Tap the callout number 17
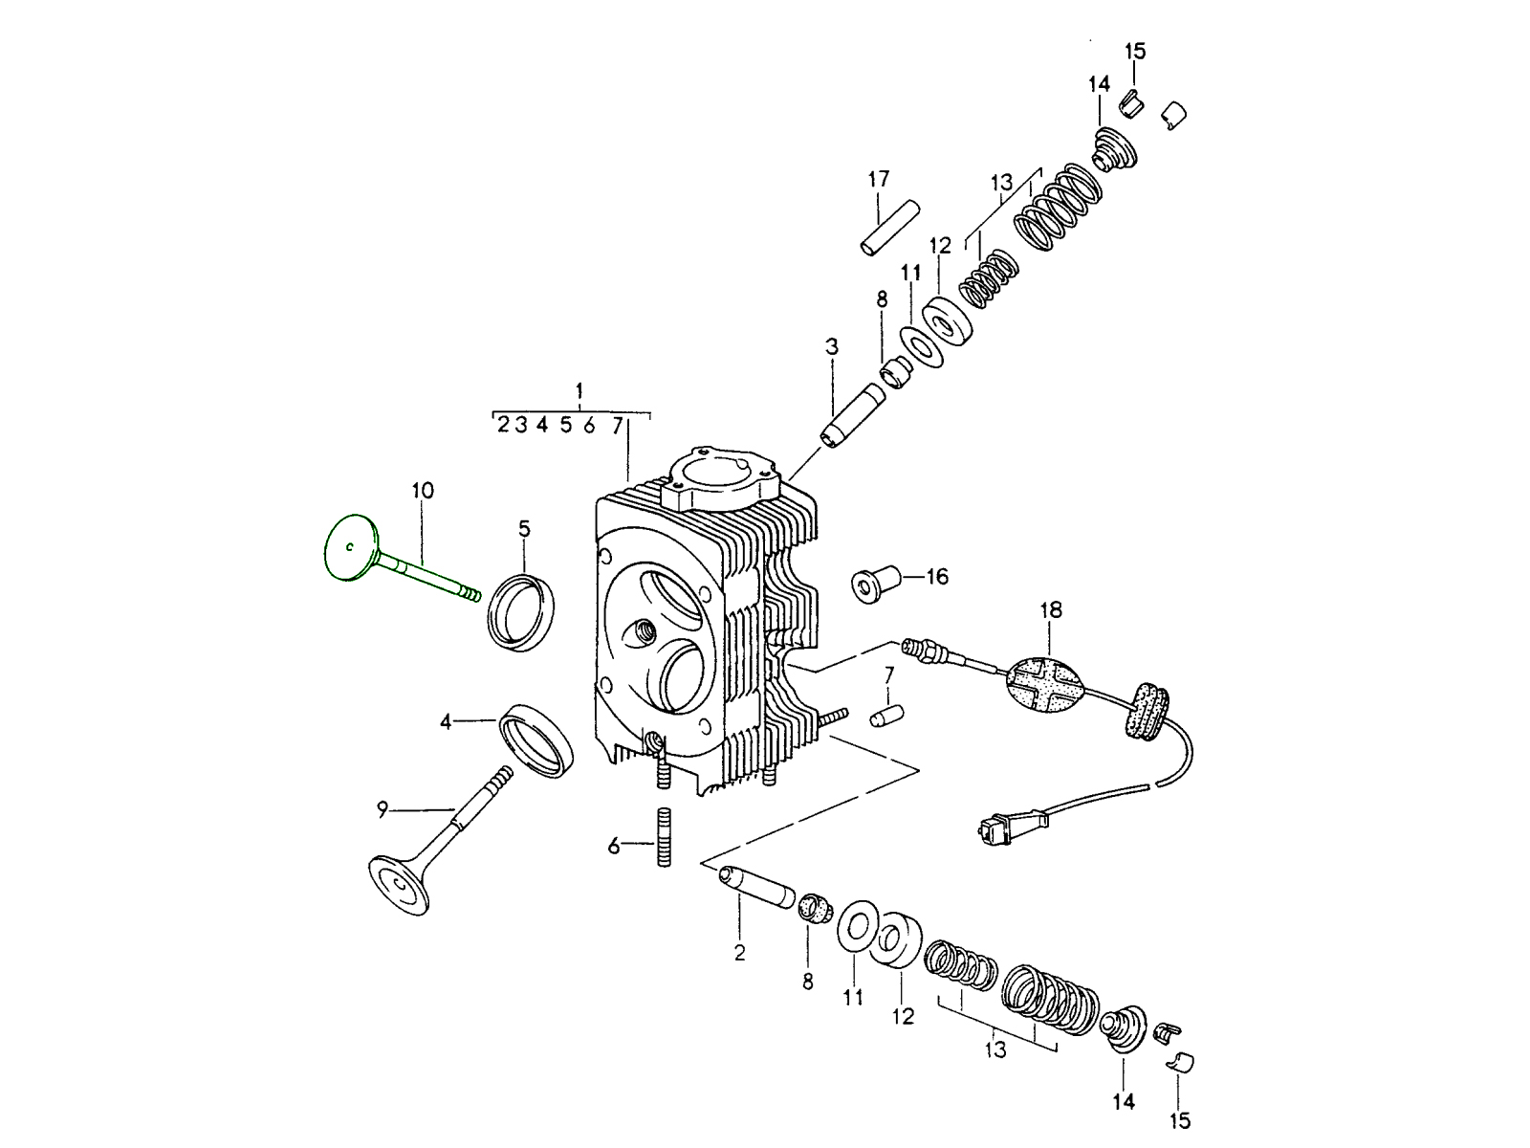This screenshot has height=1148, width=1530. pos(879,179)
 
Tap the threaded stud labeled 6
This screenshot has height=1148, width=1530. pos(663,839)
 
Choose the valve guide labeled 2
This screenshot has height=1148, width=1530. pos(756,887)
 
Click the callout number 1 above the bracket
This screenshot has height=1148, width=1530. pos(579,390)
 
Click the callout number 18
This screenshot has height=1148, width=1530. pos(1051,609)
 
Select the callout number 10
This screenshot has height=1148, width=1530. pos(423,491)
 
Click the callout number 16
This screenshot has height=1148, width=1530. pos(936,577)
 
